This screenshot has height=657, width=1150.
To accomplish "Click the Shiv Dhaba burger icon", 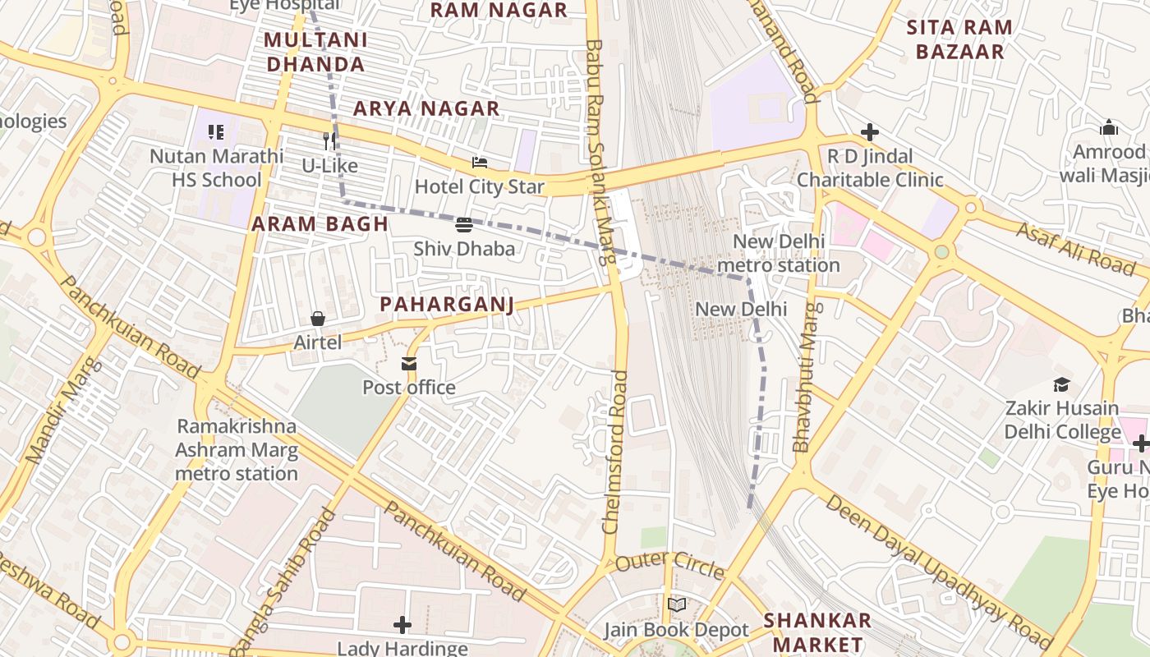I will point(463,224).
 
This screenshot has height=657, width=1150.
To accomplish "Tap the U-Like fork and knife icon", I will point(329,140).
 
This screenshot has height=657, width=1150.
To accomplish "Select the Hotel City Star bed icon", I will point(480,163).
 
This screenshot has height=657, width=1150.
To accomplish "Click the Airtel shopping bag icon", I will point(318,319).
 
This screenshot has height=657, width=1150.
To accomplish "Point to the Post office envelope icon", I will point(409,364).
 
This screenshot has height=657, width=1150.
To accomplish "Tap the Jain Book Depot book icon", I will point(676,605).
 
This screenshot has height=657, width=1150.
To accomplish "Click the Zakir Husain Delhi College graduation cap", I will point(1061,384).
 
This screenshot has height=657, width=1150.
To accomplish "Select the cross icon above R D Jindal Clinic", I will point(870,131).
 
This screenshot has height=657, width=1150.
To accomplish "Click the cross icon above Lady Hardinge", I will point(402,625).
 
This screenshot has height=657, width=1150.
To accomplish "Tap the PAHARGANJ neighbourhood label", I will point(447,305).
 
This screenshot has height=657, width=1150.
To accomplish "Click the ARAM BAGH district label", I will point(320,224).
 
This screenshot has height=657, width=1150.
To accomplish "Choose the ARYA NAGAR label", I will point(426,108).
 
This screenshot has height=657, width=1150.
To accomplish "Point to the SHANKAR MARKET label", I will point(817,632).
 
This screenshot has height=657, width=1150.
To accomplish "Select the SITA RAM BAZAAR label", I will point(959,39).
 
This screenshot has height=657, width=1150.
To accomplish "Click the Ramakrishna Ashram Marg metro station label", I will point(237,449).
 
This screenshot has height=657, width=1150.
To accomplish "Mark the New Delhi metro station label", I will point(778,253).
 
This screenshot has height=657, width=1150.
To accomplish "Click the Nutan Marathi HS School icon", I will point(216,131).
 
